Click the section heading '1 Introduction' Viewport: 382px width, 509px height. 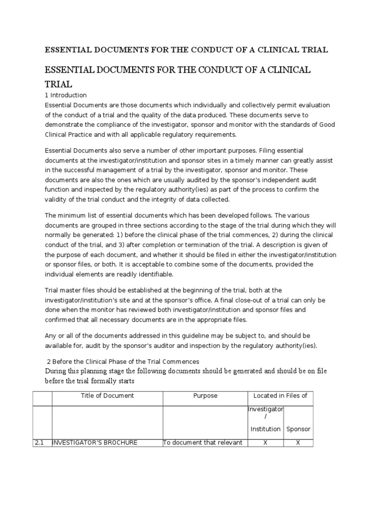pyautogui.click(x=66, y=95)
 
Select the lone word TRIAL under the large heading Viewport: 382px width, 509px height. pyautogui.click(x=59, y=84)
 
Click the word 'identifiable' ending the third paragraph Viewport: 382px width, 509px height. pyautogui.click(x=154, y=274)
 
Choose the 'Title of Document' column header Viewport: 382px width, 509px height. pyautogui.click(x=107, y=396)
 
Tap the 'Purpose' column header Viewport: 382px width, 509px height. pyautogui.click(x=205, y=396)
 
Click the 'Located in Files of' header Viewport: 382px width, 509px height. pyautogui.click(x=280, y=396)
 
